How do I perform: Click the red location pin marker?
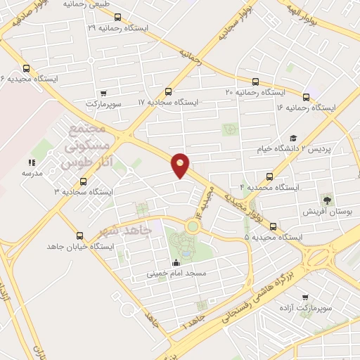click(181, 164)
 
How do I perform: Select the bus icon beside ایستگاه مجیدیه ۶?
click(26, 68)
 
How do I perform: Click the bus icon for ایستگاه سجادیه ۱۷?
click(168, 91)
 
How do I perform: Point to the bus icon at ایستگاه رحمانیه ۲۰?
click(255, 82)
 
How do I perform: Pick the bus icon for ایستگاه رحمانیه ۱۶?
click(306, 97)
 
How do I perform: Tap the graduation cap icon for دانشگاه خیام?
click(293, 139)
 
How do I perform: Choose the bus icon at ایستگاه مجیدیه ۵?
click(273, 226)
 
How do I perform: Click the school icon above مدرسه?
click(32, 162)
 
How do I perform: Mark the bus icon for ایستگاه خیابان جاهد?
click(79, 236)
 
